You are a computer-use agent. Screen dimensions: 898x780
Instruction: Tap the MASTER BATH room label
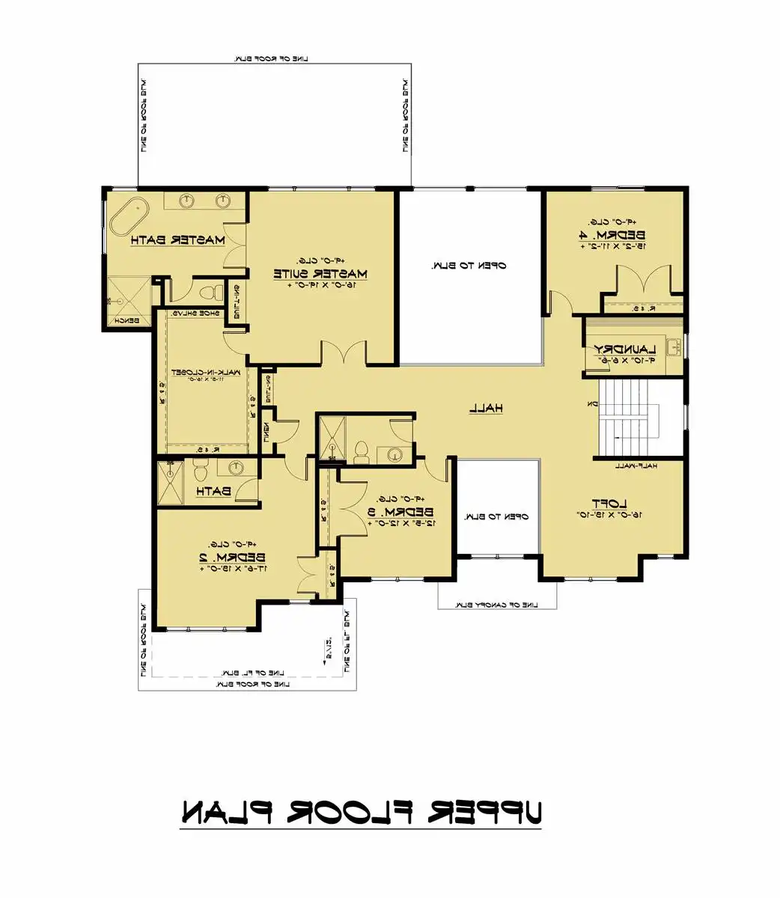[177, 240]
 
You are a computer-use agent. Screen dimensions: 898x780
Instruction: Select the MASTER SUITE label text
[320, 273]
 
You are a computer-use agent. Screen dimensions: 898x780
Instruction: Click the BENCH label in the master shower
[120, 321]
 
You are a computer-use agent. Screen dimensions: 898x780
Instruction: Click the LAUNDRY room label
[625, 349]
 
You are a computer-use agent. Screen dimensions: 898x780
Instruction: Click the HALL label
[486, 408]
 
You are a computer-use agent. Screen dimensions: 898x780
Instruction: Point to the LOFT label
[609, 504]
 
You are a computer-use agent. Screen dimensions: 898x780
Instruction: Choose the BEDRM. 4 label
[611, 235]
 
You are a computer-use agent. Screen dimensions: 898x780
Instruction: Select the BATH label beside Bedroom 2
[213, 492]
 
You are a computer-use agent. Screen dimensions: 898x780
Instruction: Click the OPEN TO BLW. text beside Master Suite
[469, 266]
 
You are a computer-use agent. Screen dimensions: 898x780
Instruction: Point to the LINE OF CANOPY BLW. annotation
[498, 605]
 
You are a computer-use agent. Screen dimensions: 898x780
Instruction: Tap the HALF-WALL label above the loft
[636, 465]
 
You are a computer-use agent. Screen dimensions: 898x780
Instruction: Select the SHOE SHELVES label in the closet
[196, 314]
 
